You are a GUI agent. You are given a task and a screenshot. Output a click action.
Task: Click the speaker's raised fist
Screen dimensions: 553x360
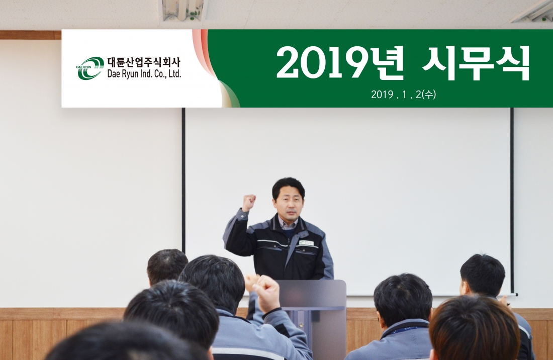249,202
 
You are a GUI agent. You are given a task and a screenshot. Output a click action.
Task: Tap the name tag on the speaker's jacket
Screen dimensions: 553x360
306,242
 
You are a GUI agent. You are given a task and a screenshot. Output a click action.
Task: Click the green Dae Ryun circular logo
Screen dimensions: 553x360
89,68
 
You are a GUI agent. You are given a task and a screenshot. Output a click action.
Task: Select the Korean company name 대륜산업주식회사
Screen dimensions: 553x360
144,63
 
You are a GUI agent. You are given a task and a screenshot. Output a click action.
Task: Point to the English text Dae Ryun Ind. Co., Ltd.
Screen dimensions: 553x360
144,74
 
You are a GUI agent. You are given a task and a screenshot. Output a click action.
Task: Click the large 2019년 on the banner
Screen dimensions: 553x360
340,63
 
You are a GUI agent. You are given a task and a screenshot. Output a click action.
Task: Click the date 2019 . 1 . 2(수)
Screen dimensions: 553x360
404,94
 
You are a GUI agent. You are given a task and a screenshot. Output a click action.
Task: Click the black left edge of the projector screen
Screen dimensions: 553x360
183,181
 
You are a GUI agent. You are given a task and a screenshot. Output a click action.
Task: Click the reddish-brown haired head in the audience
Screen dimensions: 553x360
474,328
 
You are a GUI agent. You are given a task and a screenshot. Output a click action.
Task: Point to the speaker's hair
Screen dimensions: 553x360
288,186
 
